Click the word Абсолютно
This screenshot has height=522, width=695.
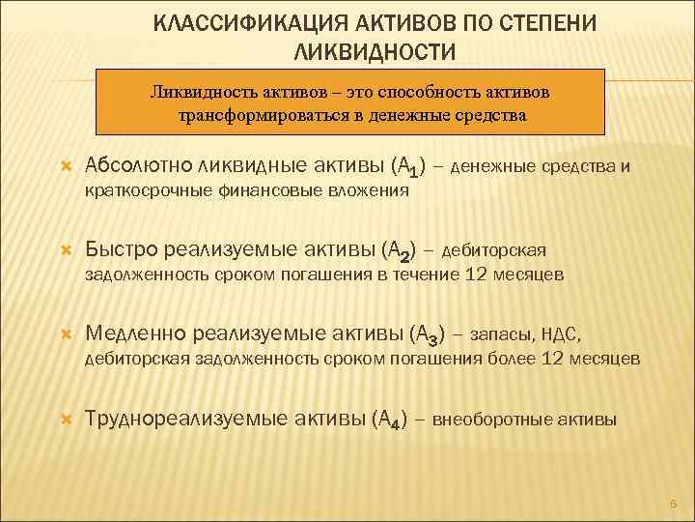point(138,166)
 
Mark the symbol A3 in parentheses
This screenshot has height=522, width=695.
point(427,336)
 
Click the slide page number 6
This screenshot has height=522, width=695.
point(674,503)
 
